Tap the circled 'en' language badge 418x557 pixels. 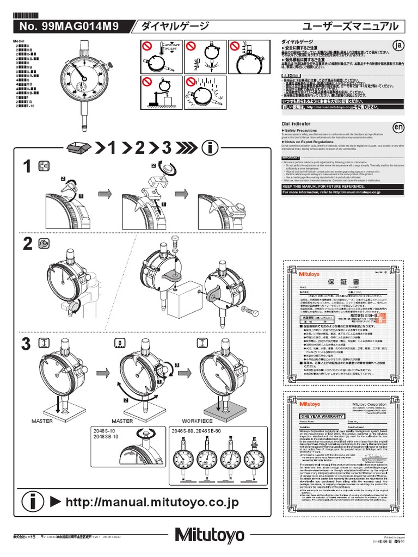click(399, 127)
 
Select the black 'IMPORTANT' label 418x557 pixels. click(291, 157)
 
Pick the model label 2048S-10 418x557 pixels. click(105, 431)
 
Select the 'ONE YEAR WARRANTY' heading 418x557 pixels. click(321, 416)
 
